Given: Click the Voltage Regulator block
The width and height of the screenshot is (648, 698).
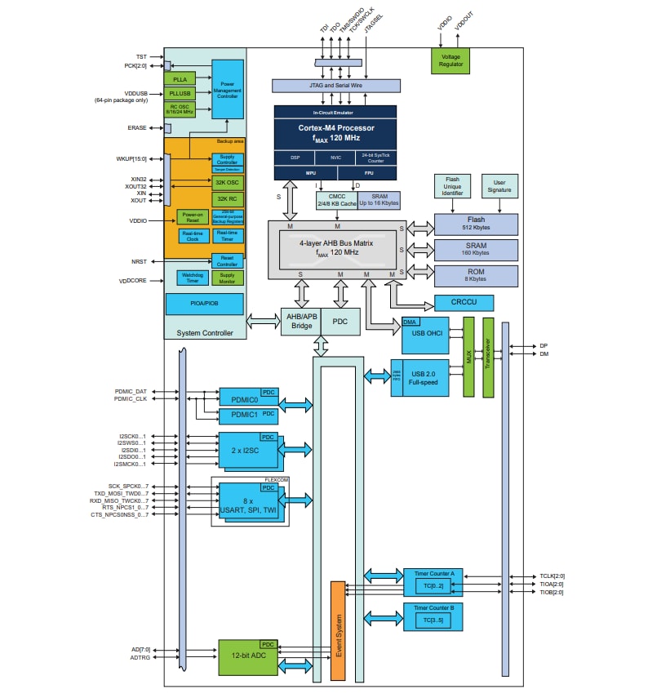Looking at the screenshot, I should (x=450, y=60).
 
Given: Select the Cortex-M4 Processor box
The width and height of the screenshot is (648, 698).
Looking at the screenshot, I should (x=335, y=132).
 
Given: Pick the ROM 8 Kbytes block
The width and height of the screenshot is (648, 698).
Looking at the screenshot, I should (x=476, y=275).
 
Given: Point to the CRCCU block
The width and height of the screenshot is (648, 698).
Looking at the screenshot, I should (x=464, y=303).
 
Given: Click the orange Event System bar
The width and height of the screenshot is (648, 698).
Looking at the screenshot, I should (x=338, y=630).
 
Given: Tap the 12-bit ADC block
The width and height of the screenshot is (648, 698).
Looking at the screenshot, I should (x=248, y=657).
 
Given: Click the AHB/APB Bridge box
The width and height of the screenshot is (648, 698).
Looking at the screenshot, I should (x=300, y=322).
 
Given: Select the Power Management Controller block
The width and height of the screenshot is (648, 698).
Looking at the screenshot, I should (x=227, y=90).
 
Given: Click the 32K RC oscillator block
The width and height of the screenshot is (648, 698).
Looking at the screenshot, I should (x=228, y=198).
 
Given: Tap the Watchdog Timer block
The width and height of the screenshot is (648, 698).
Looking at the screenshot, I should (x=193, y=278).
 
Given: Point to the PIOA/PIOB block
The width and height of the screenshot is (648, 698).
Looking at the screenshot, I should (x=204, y=303).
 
